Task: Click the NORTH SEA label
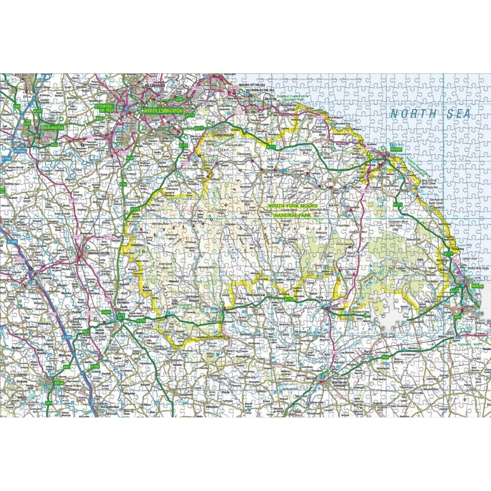pyautogui.click(x=430, y=114)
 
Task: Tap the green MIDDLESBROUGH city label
pyautogui.click(x=163, y=110)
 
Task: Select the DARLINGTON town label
pyautogui.click(x=53, y=128)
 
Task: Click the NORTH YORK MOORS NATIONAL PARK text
pyautogui.click(x=289, y=210)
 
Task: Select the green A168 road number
pyautogui.click(x=95, y=366)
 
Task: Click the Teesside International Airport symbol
pyautogui.click(x=83, y=144)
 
